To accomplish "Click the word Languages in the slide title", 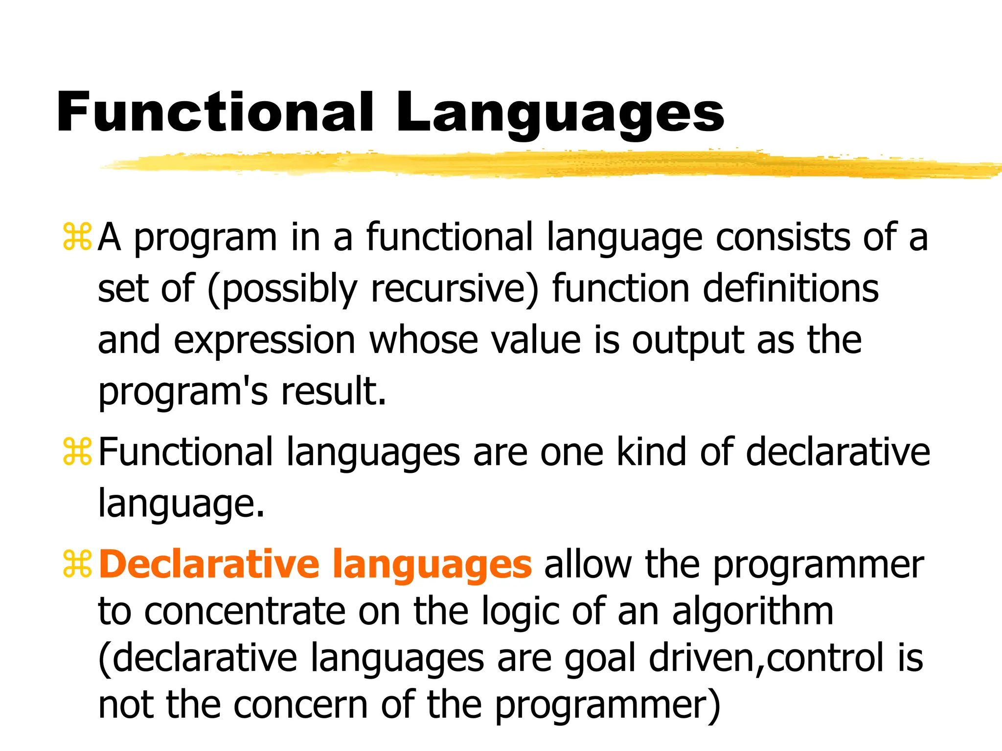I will click(560, 113).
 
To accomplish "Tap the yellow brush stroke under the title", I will click(538, 164).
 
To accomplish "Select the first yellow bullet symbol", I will click(77, 237).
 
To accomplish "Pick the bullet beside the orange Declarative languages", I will click(77, 564).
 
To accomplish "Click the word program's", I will click(183, 393).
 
